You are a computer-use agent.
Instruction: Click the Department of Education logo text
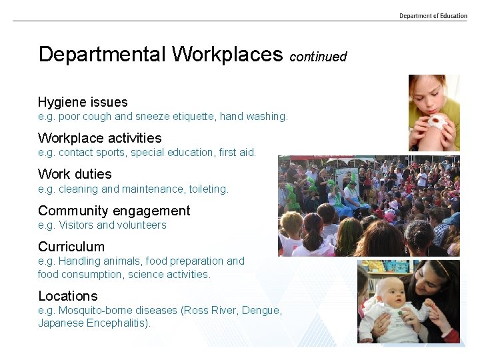coord(433,15)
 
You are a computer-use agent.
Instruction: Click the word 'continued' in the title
coord(318,57)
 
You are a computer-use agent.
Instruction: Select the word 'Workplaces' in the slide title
coord(227,54)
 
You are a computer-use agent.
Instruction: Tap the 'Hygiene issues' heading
coord(83,102)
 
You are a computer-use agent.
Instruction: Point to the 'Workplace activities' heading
coord(99,138)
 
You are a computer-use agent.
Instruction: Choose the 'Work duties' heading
coord(75,174)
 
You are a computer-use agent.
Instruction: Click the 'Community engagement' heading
coord(114,211)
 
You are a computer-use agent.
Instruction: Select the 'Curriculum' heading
coord(71,247)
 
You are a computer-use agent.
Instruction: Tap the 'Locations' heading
coord(67,296)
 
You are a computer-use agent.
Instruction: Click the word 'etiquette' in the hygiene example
coord(195,117)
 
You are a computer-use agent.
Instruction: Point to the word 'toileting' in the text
coord(208,189)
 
